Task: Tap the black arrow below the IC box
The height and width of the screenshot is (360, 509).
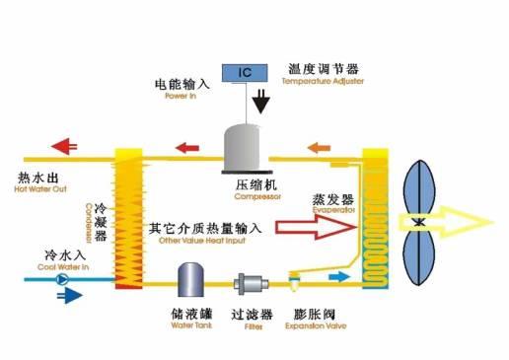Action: tap(260, 100)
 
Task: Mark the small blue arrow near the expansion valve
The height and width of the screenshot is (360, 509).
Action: tap(337, 277)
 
